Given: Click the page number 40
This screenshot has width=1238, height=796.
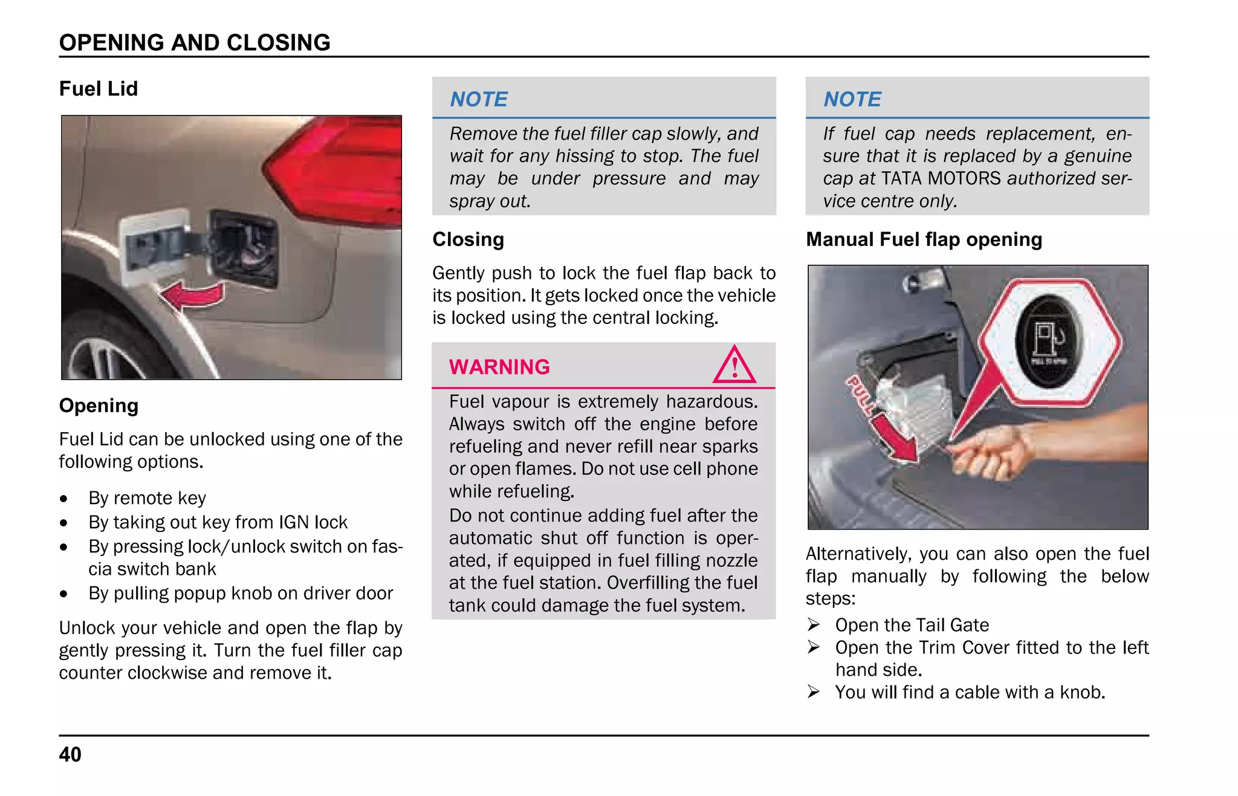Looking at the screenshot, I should coord(70,754).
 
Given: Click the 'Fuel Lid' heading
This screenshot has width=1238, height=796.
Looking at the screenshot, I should coord(99,89).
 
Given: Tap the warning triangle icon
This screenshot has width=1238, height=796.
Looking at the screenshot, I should coord(734,366).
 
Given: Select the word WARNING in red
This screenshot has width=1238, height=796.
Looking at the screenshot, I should coord(499,367).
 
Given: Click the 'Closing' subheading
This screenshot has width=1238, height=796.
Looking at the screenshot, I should coord(468,239).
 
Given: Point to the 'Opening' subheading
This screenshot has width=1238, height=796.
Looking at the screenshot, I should coord(99,406).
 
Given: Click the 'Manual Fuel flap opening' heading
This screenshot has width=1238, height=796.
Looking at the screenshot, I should coord(924,239).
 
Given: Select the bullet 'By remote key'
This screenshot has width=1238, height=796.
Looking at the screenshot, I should coord(147,498).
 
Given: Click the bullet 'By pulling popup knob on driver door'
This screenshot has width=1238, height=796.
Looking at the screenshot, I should coord(241,594).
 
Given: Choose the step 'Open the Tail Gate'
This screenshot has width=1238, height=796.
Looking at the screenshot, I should coord(912,625).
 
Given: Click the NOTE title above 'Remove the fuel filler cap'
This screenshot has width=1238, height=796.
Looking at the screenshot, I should coord(479,99).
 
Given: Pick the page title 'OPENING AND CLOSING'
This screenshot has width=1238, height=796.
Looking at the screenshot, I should coord(195,42).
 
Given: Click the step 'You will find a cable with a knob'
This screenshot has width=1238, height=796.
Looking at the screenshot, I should coord(970,692).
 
